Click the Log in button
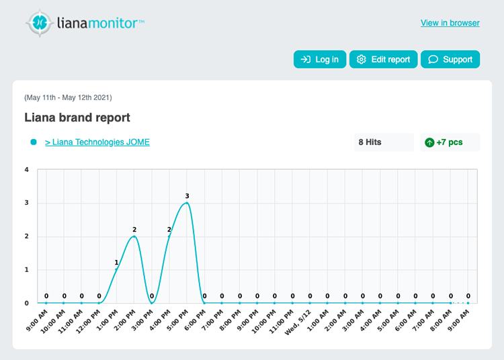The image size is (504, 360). coord(320,59)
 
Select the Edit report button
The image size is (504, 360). coord(384,59)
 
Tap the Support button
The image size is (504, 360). coord(450,59)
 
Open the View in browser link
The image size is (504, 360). coord(450,23)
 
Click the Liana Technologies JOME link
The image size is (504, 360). coord(97,142)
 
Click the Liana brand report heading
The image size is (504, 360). coord(77,118)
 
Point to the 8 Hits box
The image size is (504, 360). coord(383,142)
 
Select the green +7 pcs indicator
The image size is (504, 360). coord(450,142)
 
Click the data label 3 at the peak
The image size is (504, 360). coord(187,196)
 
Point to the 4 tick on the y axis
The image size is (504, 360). coord(26,169)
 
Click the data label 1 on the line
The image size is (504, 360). coord(116,263)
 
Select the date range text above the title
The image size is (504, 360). coord(68,97)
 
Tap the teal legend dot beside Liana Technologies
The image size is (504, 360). coord(33,142)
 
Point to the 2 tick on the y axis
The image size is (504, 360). coord(26,236)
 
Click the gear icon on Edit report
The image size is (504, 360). coord(362,59)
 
